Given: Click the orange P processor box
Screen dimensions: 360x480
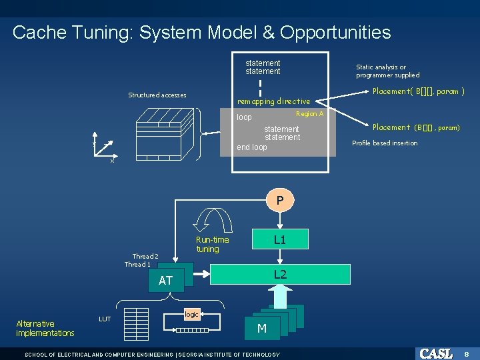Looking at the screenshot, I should click(280, 200).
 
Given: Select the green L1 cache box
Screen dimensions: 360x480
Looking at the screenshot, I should click(280, 239).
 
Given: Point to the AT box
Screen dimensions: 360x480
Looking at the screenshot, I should click(165, 281).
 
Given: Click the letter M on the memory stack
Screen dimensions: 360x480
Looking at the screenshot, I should click(262, 328).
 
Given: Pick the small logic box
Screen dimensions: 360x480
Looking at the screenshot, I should click(191, 313).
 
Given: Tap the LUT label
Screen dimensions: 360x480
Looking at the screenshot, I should click(105, 319).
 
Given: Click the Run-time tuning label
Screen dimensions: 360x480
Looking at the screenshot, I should click(212, 245).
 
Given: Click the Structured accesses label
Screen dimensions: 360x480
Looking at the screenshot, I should click(157, 95).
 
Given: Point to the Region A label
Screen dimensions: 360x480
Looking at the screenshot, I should click(309, 114).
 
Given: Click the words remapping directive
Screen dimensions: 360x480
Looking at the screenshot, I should click(274, 101).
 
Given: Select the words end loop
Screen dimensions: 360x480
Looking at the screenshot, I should click(251, 147).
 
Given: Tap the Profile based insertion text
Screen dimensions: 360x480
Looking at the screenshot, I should click(385, 143).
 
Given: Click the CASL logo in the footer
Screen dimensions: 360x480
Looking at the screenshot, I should click(436, 353).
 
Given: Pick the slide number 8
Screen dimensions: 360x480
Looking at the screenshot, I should click(467, 353).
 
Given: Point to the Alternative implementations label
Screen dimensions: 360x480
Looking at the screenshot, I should click(45, 328).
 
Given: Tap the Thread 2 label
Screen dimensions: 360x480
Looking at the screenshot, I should click(145, 256).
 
